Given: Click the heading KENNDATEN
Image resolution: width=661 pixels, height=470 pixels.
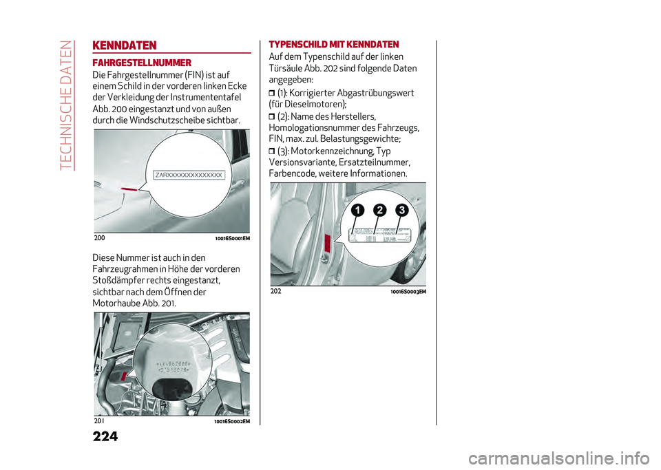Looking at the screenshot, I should pyautogui.click(x=125, y=46).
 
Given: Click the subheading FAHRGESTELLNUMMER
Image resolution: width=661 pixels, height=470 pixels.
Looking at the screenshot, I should pyautogui.click(x=142, y=63).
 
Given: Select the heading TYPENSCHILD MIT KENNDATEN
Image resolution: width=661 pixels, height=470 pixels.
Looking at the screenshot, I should pyautogui.click(x=328, y=45).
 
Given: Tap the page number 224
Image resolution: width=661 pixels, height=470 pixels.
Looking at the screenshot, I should pyautogui.click(x=105, y=436).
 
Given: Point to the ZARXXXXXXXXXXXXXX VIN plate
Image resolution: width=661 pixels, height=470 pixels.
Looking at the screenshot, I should pyautogui.click(x=189, y=175).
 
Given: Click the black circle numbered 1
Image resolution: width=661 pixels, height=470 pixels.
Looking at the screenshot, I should pyautogui.click(x=356, y=210).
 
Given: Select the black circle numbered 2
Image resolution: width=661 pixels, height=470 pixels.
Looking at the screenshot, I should pyautogui.click(x=379, y=210).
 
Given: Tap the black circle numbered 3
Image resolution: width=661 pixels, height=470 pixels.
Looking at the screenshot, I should pyautogui.click(x=401, y=210).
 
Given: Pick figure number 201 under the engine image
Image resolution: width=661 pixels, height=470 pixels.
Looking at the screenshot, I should pyautogui.click(x=98, y=420).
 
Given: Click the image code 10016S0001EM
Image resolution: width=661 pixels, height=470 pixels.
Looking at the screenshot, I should pyautogui.click(x=232, y=238).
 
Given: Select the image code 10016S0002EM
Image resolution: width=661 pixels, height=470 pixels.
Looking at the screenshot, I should pyautogui.click(x=232, y=421).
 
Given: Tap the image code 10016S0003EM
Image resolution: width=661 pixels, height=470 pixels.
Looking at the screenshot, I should pyautogui.click(x=408, y=292).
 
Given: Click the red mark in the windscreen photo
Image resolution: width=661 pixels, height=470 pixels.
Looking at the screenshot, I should pyautogui.click(x=129, y=186).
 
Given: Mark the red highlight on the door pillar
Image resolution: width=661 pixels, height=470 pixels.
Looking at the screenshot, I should pyautogui.click(x=328, y=242).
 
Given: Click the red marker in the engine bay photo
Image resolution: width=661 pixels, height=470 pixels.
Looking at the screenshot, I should pyautogui.click(x=123, y=376).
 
